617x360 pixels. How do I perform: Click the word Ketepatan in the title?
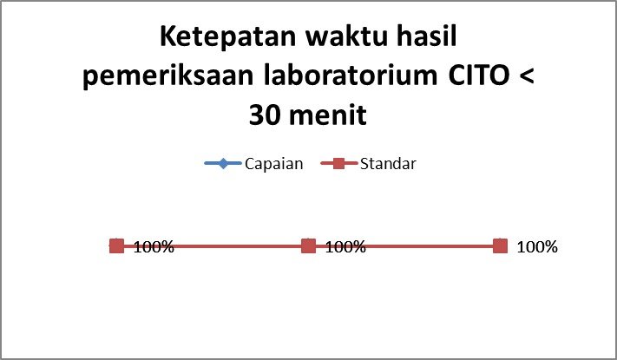[x=228, y=38]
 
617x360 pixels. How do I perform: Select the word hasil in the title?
[x=427, y=36]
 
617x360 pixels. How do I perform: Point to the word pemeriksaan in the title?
[x=168, y=76]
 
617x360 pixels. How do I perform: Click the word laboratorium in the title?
[x=351, y=75]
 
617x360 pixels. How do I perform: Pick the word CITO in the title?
[x=479, y=75]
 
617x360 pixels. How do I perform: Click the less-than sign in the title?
[x=527, y=76]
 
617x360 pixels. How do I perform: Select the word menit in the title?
[x=328, y=115]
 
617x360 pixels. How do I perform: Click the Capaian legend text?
[x=274, y=164]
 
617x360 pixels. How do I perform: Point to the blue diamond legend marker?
[x=223, y=163]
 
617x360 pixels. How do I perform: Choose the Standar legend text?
[x=388, y=164]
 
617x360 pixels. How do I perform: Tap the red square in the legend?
[x=338, y=163]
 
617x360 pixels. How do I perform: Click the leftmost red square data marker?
[x=116, y=246]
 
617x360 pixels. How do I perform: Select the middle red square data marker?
[x=309, y=246]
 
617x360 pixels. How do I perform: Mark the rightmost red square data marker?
[x=500, y=246]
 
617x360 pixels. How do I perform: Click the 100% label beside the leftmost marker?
[x=154, y=247]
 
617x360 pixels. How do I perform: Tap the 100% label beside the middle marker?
[x=345, y=247]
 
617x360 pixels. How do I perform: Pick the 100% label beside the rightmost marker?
[x=537, y=247]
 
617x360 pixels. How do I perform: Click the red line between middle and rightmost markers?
[x=404, y=246]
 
